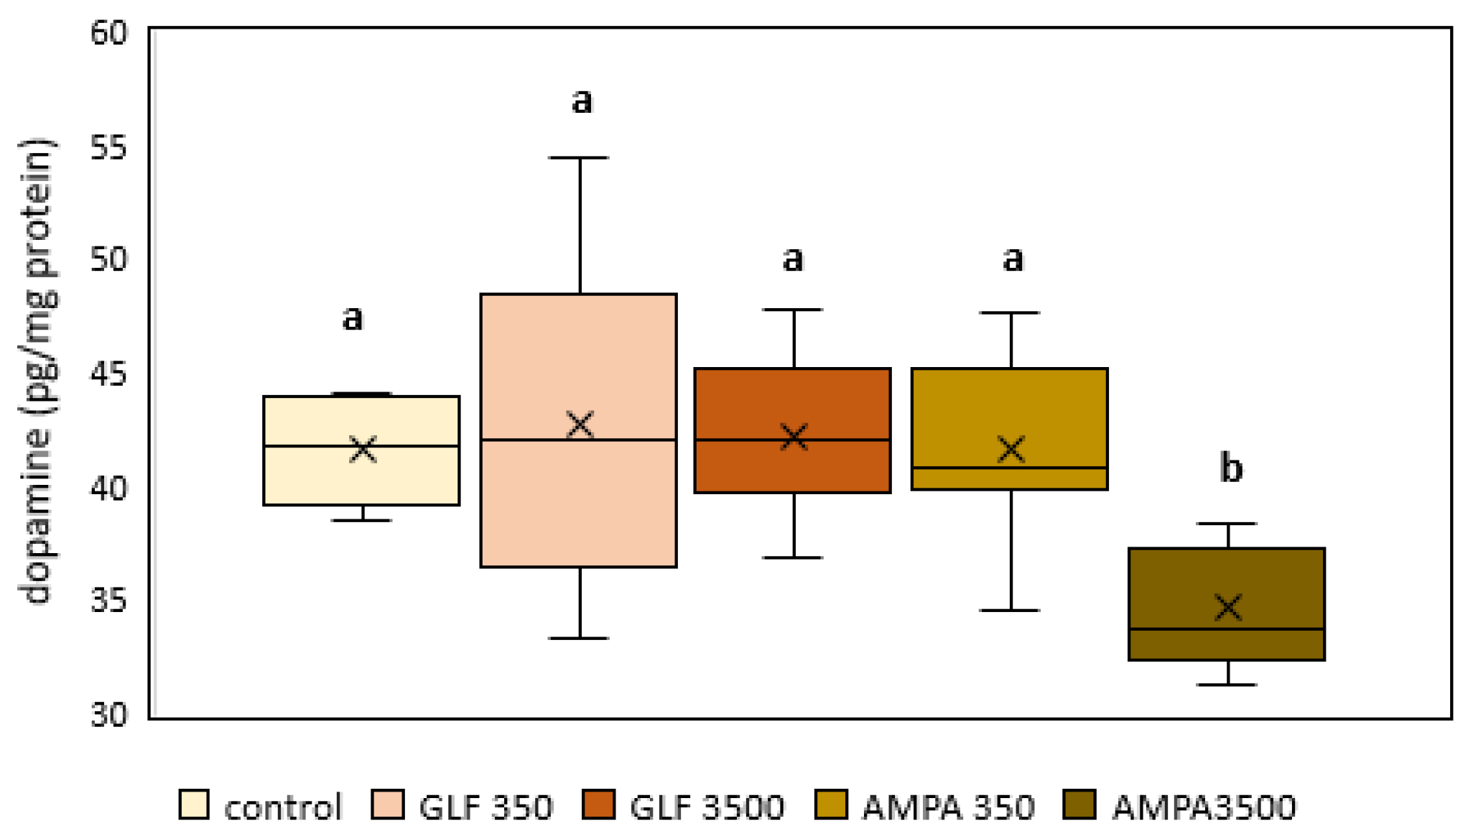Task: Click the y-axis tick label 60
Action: click(x=108, y=33)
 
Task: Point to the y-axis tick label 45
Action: click(x=108, y=374)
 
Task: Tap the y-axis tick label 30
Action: click(x=108, y=715)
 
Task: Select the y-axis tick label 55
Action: click(x=108, y=147)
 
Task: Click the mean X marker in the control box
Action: click(x=363, y=449)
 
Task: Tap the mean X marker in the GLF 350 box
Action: click(x=580, y=425)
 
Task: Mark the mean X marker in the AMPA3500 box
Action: click(x=1228, y=607)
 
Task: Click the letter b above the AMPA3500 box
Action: click(x=1231, y=468)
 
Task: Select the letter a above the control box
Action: click(x=352, y=317)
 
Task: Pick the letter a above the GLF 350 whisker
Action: click(x=582, y=101)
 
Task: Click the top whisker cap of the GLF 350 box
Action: click(x=579, y=157)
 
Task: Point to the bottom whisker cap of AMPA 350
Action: click(x=1010, y=610)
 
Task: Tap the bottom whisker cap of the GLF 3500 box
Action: click(x=793, y=557)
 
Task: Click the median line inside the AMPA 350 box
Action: click(x=1010, y=468)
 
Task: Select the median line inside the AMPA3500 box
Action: click(x=1227, y=629)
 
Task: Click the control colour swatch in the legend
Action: click(x=194, y=805)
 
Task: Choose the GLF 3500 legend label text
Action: click(x=707, y=807)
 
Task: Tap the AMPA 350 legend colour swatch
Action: click(x=832, y=805)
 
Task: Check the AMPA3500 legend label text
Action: click(x=1204, y=807)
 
